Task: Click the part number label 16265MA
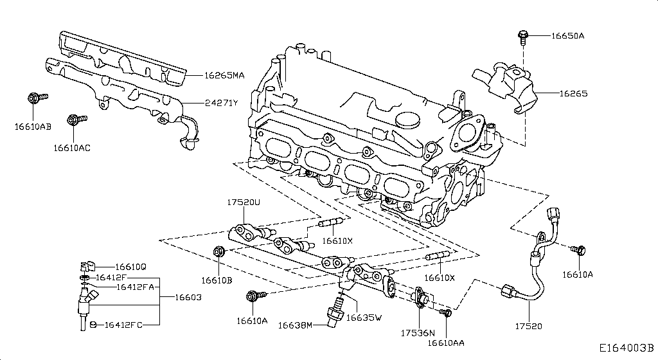(224, 75)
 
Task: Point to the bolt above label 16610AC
(74, 120)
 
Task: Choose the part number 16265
(573, 93)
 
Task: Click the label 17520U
(242, 203)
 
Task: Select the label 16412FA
(134, 287)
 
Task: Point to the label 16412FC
(123, 325)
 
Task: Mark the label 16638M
(295, 325)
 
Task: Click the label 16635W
(364, 317)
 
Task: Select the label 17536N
(418, 334)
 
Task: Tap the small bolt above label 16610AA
(443, 313)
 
